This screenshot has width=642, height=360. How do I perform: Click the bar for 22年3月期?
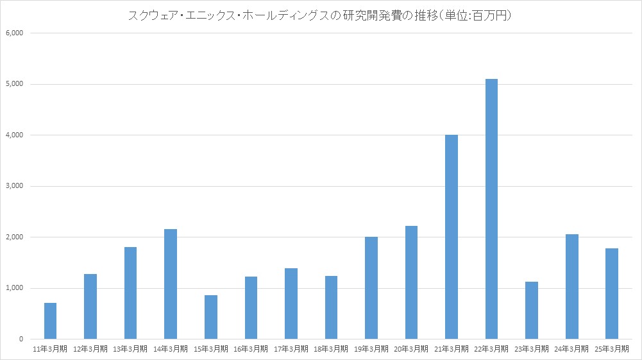(x=491, y=209)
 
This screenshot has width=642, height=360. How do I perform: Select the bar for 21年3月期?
(x=452, y=237)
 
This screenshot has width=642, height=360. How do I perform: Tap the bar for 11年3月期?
(x=50, y=321)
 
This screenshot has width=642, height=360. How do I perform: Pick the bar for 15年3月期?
(x=211, y=317)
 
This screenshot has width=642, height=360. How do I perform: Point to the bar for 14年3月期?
(x=171, y=284)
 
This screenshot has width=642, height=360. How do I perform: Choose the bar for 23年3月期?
(x=532, y=310)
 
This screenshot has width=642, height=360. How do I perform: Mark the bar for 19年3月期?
(x=371, y=288)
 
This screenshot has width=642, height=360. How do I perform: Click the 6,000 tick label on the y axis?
(x=13, y=33)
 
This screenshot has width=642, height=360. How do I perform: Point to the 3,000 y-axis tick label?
(x=13, y=186)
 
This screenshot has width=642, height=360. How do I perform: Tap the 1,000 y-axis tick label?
(x=13, y=288)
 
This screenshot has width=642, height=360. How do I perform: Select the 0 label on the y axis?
(x=20, y=339)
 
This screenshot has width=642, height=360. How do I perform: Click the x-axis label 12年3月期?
(x=90, y=349)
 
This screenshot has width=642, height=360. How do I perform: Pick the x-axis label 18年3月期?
(x=331, y=349)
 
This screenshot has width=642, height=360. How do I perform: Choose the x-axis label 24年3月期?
(x=572, y=349)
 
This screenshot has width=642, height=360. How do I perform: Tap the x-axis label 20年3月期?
(x=411, y=349)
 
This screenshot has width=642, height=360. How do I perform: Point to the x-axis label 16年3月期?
(x=251, y=349)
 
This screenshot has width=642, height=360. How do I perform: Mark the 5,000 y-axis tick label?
(x=13, y=84)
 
